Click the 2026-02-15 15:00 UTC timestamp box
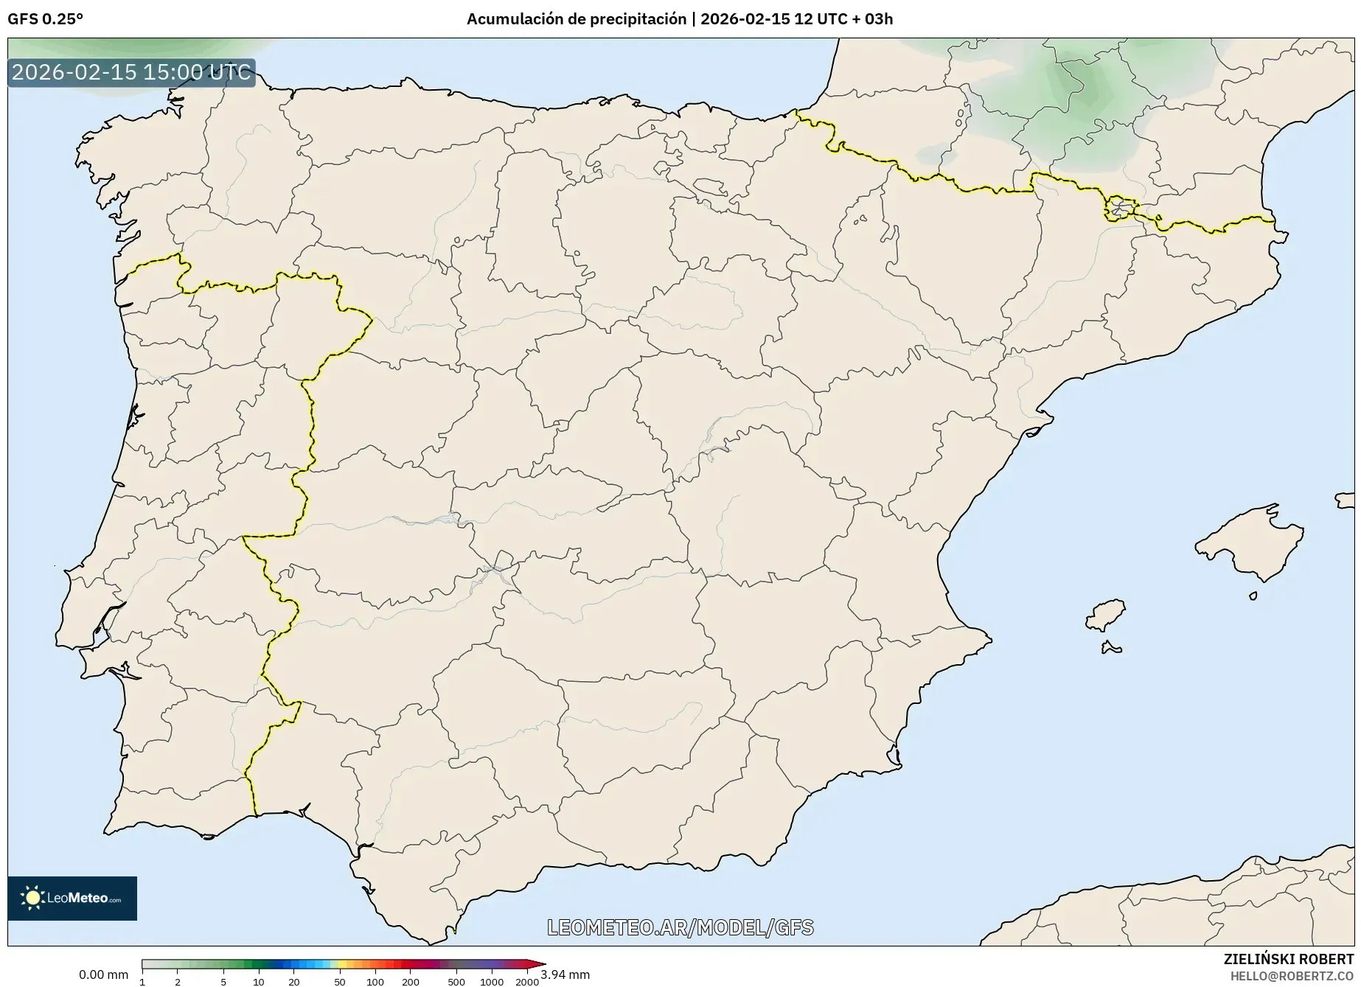[x=131, y=72]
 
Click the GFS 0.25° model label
[x=45, y=19]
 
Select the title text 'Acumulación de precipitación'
[x=576, y=19]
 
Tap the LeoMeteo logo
[x=72, y=898]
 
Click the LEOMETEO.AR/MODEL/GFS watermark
[x=680, y=927]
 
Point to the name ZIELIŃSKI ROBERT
[x=1288, y=959]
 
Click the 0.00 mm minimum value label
[x=103, y=974]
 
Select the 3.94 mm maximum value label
[x=565, y=974]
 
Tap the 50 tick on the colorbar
[x=339, y=981]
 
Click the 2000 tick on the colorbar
[x=526, y=981]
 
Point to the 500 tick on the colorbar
[x=456, y=981]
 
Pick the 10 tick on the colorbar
[x=258, y=981]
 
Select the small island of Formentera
[x=1110, y=649]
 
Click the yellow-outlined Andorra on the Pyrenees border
[x=1119, y=209]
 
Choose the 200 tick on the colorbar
[x=410, y=981]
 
